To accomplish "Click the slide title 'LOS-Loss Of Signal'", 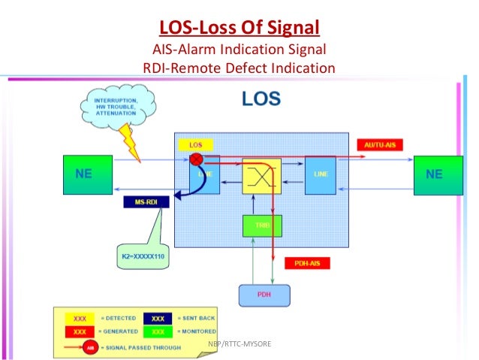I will pos(239,29).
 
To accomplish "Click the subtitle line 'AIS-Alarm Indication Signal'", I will pos(239,51).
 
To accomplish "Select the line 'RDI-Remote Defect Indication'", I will pos(239,68).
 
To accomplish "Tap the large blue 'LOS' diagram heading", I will pos(261,98).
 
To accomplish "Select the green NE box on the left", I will pos(87,174).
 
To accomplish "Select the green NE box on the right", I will pos(434,174).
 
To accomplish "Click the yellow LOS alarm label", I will pos(195,144).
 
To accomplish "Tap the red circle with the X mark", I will pos(197,159).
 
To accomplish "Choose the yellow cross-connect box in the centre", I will pos(261,177).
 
